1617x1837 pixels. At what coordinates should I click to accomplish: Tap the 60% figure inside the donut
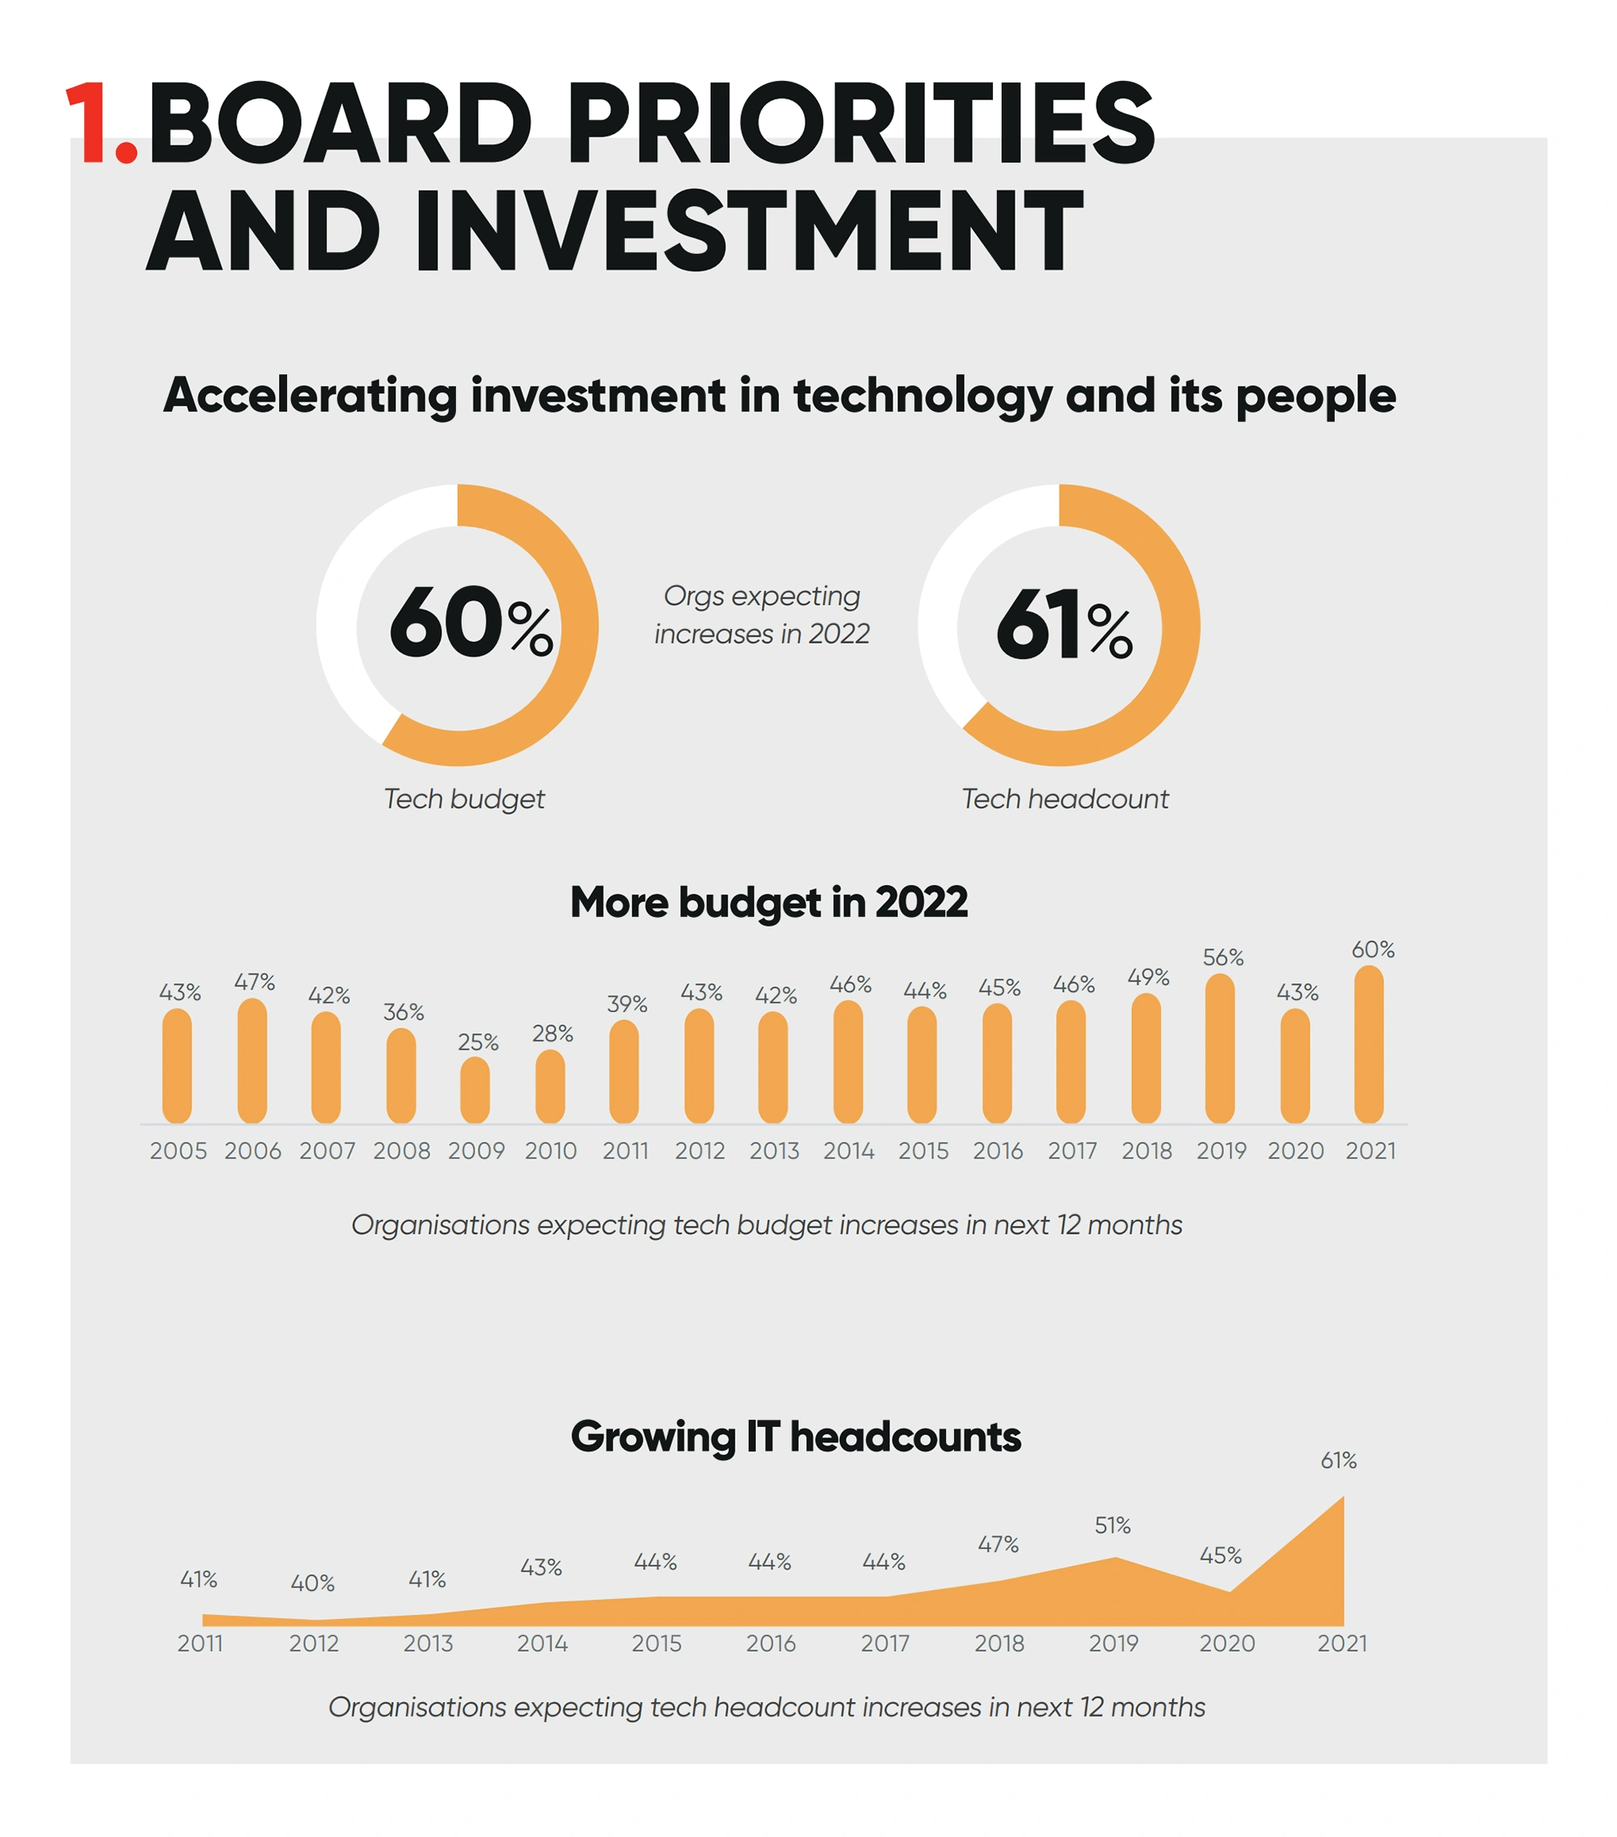click(x=469, y=623)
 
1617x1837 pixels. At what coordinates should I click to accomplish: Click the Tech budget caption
click(x=464, y=799)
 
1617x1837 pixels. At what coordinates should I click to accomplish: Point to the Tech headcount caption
click(x=1064, y=799)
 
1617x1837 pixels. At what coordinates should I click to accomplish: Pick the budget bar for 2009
click(x=475, y=1090)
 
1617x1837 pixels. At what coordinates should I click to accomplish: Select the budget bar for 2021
click(x=1368, y=1045)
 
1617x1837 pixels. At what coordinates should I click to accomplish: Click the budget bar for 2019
click(x=1220, y=1049)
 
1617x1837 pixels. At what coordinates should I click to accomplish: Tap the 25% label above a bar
click(x=477, y=1041)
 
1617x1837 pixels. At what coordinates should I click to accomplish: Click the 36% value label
click(x=403, y=1012)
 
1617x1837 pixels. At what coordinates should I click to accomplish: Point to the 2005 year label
click(x=178, y=1151)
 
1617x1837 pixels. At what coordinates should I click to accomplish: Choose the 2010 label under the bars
click(x=550, y=1151)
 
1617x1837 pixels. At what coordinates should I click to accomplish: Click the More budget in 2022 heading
click(x=769, y=902)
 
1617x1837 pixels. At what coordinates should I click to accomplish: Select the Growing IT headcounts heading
click(x=796, y=1436)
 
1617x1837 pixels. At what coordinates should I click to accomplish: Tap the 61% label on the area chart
click(x=1337, y=1460)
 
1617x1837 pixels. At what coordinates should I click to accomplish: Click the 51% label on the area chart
click(x=1112, y=1525)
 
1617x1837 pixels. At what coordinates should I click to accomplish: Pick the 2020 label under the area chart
click(x=1226, y=1643)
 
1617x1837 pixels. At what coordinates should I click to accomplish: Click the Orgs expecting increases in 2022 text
click(x=762, y=614)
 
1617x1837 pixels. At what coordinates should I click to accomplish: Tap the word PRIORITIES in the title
click(x=860, y=123)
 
